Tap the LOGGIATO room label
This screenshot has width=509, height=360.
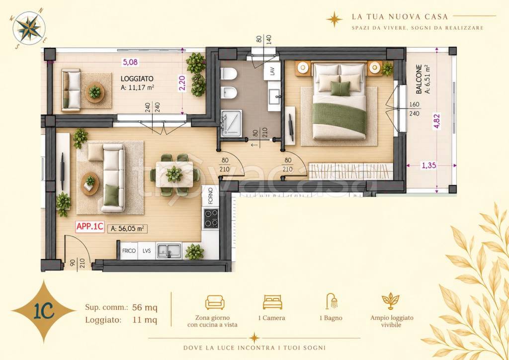pyautogui.click(x=137, y=79)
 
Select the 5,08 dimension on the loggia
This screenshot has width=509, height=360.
pyautogui.click(x=130, y=62)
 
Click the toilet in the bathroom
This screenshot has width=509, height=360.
pyautogui.click(x=228, y=74)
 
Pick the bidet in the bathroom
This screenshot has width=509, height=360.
pyautogui.click(x=229, y=93)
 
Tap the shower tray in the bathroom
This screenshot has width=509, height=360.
pyautogui.click(x=231, y=122)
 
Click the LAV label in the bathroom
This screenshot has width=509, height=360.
pyautogui.click(x=272, y=72)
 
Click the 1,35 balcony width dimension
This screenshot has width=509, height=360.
pyautogui.click(x=429, y=166)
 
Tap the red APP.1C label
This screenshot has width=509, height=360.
pyautogui.click(x=89, y=227)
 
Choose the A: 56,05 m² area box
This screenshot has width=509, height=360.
pyautogui.click(x=127, y=229)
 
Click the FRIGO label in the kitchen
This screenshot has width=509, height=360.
pyautogui.click(x=129, y=251)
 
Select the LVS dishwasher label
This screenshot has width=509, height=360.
pyautogui.click(x=147, y=251)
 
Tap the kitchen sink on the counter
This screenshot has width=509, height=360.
pyautogui.click(x=169, y=251)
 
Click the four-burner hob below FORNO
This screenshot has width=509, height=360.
pyautogui.click(x=211, y=218)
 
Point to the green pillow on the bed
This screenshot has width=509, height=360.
pyautogui.click(x=340, y=89)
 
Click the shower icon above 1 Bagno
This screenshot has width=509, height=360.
pyautogui.click(x=332, y=301)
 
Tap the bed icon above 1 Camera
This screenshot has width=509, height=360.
pyautogui.click(x=272, y=302)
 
